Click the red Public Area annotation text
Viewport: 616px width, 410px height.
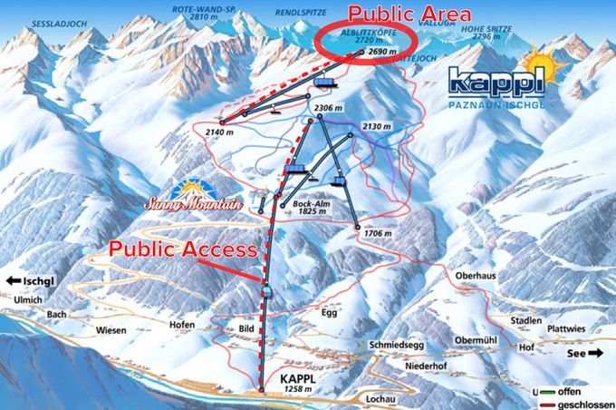pos(410,14)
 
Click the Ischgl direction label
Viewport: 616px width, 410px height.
pos(35,281)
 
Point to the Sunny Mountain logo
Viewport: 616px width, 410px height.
pos(194,197)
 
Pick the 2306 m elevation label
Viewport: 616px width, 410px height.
pos(328,109)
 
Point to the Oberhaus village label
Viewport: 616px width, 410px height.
pos(467,277)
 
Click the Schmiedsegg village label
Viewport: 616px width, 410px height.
pos(395,346)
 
